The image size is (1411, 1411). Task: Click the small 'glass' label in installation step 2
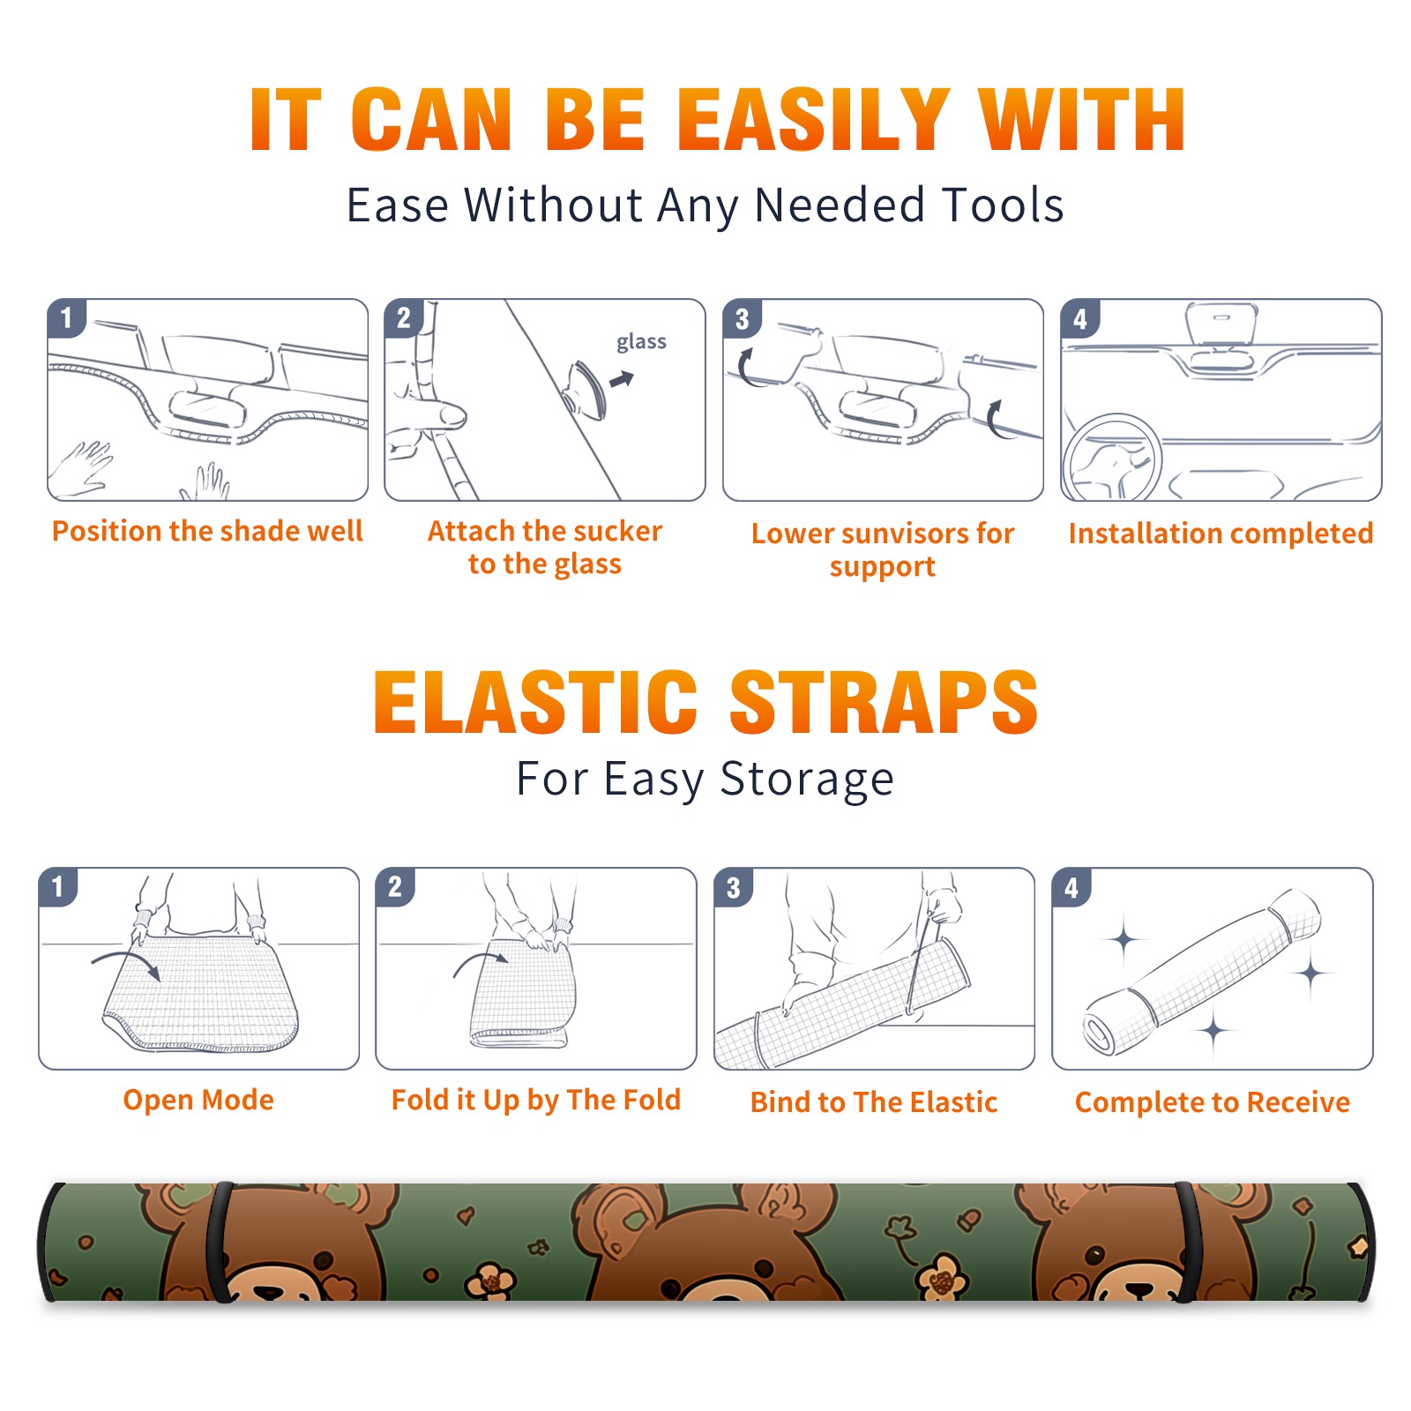click(641, 342)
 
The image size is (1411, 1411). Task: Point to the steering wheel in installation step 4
click(1111, 459)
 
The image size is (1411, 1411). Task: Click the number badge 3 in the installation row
click(742, 319)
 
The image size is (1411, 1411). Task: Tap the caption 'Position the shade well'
click(207, 531)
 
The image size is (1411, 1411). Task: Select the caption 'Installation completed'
click(1221, 534)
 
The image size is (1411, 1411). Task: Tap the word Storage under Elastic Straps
click(807, 780)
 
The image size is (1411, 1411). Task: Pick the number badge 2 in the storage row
click(395, 887)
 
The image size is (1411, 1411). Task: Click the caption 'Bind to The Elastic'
click(874, 1102)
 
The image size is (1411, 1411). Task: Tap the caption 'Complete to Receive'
click(1213, 1102)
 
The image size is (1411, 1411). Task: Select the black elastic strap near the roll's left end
click(219, 1242)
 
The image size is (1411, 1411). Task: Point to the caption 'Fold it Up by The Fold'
click(536, 1101)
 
